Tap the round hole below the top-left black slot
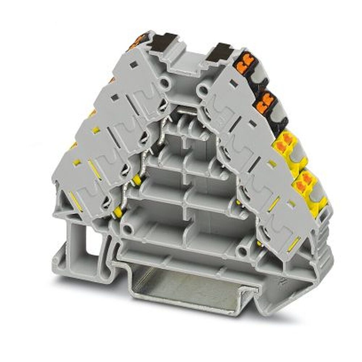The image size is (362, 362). coord(165,84)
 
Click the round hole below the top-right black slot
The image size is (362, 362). coord(202,88)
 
